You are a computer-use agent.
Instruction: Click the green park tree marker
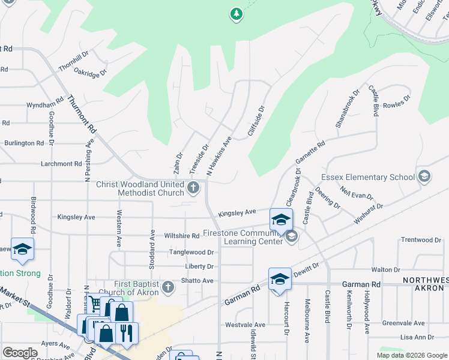tap(237, 14)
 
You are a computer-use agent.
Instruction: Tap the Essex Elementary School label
tap(368, 177)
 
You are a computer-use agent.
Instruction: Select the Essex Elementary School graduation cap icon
tap(425, 176)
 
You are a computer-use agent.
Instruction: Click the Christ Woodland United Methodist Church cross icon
tap(193, 188)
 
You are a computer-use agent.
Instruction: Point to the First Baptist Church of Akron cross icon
tap(168, 287)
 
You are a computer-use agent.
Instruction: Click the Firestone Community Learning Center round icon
tap(291, 236)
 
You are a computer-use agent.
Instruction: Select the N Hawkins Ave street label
tap(219, 156)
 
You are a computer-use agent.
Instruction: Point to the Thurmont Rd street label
tap(82, 114)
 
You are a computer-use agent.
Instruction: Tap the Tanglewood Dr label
tap(191, 253)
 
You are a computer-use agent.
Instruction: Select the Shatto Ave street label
tap(199, 281)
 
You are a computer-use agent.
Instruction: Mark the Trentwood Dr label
tap(421, 240)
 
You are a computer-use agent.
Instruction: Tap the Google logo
tap(20, 353)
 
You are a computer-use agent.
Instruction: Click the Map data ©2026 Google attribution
tap(412, 355)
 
